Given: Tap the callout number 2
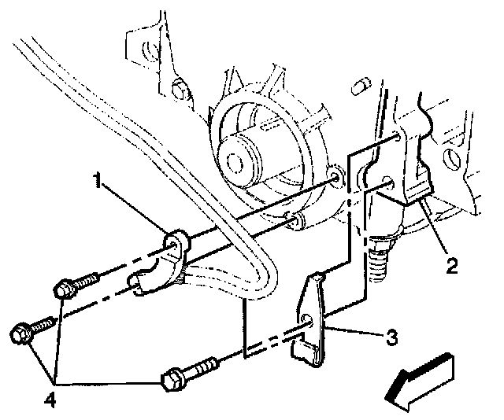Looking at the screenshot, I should pos(450,266).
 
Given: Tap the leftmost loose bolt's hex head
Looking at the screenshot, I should pos(22,333).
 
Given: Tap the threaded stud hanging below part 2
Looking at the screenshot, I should pos(380,256).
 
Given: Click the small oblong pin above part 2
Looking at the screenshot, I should pos(361,82).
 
